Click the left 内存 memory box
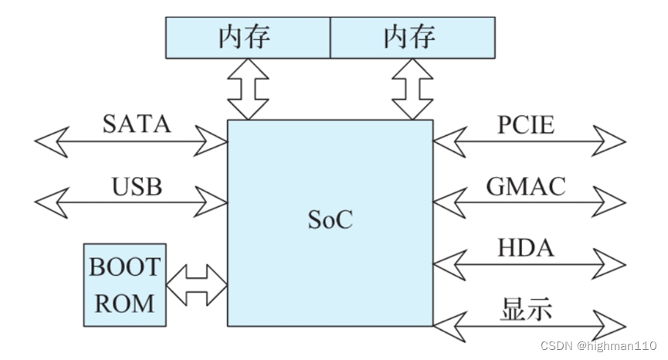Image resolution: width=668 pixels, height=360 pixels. [x=248, y=38]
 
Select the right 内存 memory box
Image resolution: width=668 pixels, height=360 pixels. [x=412, y=38]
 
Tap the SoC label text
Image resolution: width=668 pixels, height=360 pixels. [x=330, y=219]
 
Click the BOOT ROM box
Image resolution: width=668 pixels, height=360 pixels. [x=124, y=285]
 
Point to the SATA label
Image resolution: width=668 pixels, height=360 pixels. [x=136, y=124]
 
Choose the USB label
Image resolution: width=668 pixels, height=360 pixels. [x=136, y=186]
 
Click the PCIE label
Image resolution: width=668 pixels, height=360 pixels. [x=525, y=124]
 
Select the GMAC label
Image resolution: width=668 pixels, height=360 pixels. [x=525, y=186]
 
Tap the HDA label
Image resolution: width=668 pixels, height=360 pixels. [x=525, y=249]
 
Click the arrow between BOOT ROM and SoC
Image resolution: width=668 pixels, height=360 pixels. [x=196, y=285]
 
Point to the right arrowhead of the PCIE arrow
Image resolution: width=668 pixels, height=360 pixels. [x=612, y=141]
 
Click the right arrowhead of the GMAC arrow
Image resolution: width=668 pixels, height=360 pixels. [x=612, y=203]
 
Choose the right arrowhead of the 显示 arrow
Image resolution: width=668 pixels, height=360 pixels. [x=612, y=325]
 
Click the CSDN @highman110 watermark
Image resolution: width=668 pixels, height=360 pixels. [x=598, y=345]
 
